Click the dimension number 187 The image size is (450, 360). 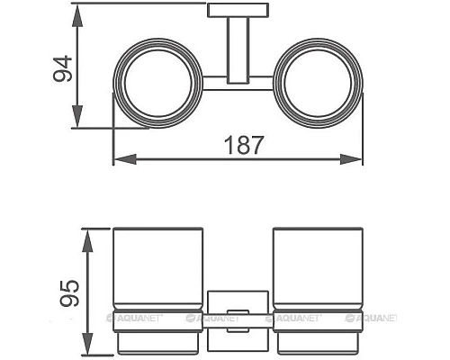(x=244, y=145)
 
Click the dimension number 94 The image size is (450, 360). (x=63, y=68)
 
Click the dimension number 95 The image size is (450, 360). (x=69, y=293)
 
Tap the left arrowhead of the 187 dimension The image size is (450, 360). (x=125, y=159)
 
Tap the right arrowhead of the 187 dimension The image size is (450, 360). (x=351, y=159)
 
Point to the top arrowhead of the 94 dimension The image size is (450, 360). (x=77, y=16)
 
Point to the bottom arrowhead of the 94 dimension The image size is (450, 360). (x=77, y=115)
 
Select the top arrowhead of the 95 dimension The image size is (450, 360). (x=86, y=241)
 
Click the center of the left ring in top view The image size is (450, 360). (x=158, y=83)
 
